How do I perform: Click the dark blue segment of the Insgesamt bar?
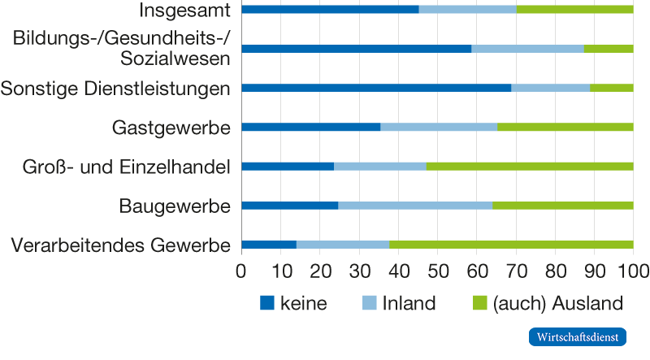[330, 10]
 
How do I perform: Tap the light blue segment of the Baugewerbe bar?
[414, 206]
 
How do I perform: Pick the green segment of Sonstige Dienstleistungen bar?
[611, 88]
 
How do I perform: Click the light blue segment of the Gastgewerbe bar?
[438, 128]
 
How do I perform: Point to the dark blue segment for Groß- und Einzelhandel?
[288, 167]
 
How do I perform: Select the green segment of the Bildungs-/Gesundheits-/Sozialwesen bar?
[609, 49]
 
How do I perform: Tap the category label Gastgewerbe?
[171, 128]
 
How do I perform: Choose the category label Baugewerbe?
[175, 206]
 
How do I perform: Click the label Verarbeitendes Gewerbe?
[121, 244]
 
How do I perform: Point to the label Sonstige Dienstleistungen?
[115, 88]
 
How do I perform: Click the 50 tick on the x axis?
[437, 271]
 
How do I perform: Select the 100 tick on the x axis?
[633, 271]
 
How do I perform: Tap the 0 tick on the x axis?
[241, 271]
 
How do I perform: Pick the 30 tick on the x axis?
[359, 271]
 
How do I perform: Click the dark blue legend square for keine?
[267, 304]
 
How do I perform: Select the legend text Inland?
[409, 304]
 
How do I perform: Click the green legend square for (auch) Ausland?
[479, 304]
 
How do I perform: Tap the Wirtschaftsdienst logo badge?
[578, 336]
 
